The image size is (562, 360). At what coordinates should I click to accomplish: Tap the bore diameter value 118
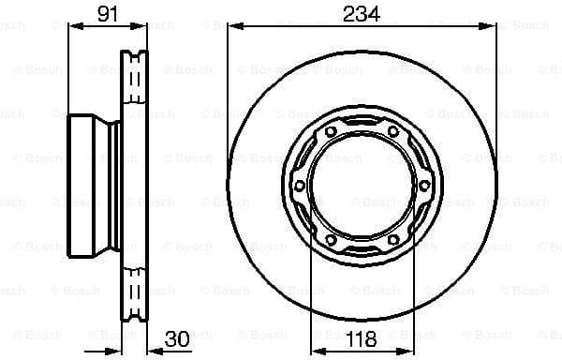coord(360,339)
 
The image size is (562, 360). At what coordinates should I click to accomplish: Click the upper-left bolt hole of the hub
coord(332,135)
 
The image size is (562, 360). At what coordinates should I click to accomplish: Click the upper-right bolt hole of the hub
coord(392,135)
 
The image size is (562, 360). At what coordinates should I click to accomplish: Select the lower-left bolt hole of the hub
coord(332,237)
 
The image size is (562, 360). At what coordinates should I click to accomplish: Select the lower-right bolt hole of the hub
coord(392,237)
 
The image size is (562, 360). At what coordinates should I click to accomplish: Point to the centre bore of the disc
coord(362,186)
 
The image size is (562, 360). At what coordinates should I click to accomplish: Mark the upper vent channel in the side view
coord(136,70)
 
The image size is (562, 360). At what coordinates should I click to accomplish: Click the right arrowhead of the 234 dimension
coord(492,27)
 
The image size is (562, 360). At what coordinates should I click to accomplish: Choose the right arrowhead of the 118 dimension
coord(410,322)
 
